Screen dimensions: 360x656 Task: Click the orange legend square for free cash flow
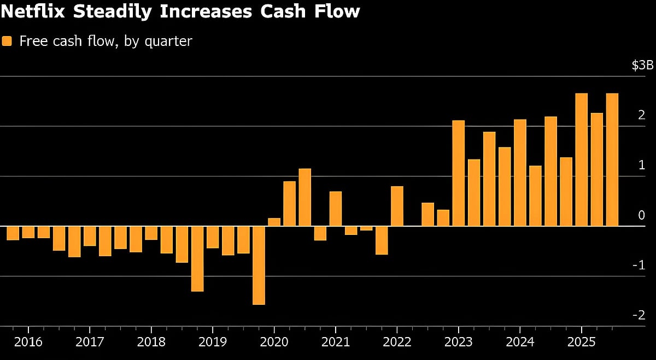click(x=7, y=41)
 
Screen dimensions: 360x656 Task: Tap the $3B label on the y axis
click(x=642, y=66)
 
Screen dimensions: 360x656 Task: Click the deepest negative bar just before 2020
click(x=259, y=265)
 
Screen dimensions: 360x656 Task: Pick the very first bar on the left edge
click(x=13, y=233)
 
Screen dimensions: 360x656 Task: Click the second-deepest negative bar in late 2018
click(x=197, y=258)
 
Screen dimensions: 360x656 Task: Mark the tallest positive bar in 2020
click(x=304, y=197)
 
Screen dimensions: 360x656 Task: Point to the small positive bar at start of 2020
click(x=274, y=222)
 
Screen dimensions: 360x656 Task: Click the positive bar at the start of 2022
click(x=397, y=206)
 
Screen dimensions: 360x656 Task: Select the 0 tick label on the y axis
click(x=642, y=215)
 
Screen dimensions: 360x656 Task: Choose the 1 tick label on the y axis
click(x=642, y=166)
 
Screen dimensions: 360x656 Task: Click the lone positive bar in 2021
click(x=336, y=209)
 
